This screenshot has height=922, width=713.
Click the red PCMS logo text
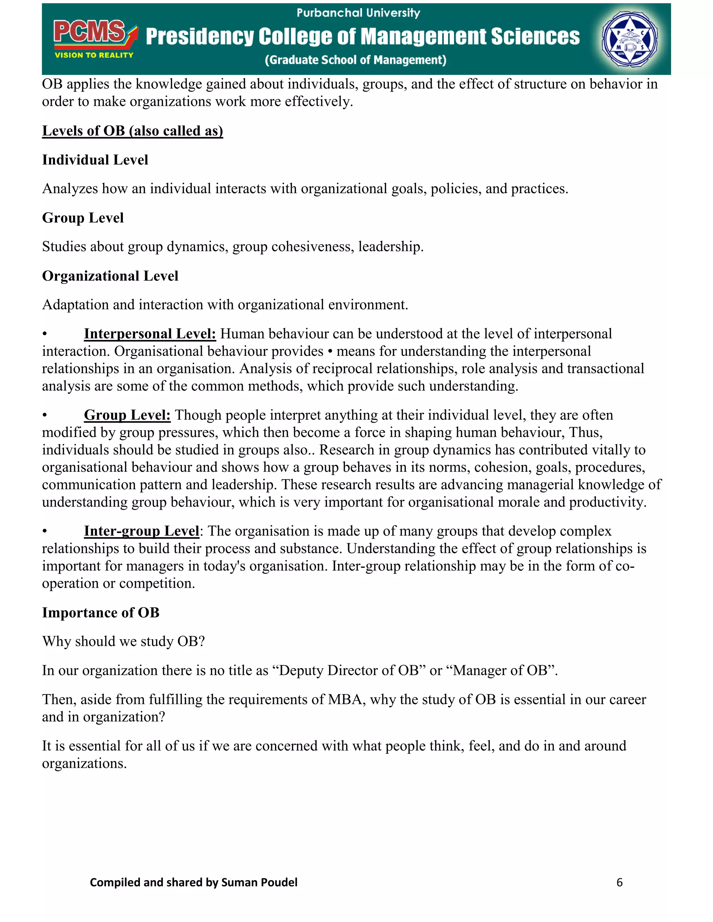[89, 32]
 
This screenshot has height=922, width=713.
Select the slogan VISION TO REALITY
[94, 55]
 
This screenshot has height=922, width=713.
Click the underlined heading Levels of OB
[132, 131]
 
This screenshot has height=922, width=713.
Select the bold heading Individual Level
[95, 160]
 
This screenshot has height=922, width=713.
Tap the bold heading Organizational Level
[110, 276]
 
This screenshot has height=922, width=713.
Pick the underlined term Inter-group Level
[141, 531]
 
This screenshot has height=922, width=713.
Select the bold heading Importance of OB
[101, 613]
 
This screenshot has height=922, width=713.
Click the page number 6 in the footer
[619, 883]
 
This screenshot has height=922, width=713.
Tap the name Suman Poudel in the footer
[259, 883]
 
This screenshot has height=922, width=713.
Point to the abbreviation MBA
[346, 700]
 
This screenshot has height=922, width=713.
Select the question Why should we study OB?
[123, 642]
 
